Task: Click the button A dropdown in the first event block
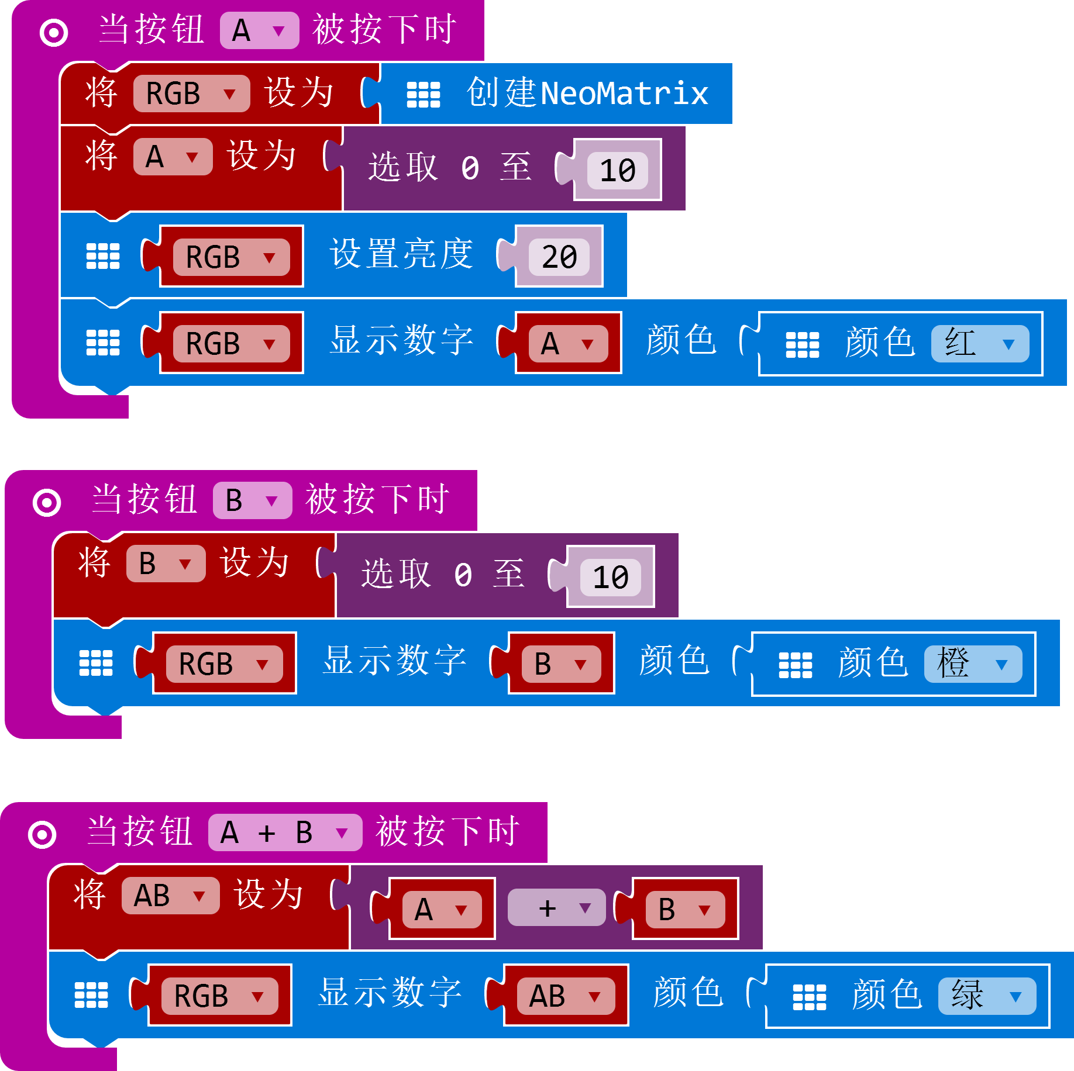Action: pyautogui.click(x=259, y=30)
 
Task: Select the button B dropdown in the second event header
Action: pyautogui.click(x=252, y=500)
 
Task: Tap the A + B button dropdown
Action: pyautogui.click(x=285, y=832)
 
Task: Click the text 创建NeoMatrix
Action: pyautogui.click(x=587, y=94)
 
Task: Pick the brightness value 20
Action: pyautogui.click(x=559, y=257)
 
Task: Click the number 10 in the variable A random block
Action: pyautogui.click(x=617, y=171)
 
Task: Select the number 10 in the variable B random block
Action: pyautogui.click(x=610, y=578)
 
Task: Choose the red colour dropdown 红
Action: pyautogui.click(x=980, y=344)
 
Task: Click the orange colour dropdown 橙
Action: pyautogui.click(x=973, y=664)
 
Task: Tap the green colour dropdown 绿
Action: pyautogui.click(x=987, y=996)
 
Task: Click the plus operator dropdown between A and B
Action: pyautogui.click(x=556, y=908)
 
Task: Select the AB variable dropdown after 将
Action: pyautogui.click(x=170, y=896)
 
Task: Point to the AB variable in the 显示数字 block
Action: pyautogui.click(x=565, y=996)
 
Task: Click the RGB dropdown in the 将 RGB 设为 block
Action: pyautogui.click(x=191, y=94)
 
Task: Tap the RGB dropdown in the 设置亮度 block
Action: pyautogui.click(x=231, y=257)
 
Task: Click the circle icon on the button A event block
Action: pyautogui.click(x=54, y=33)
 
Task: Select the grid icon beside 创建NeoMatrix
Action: pyautogui.click(x=424, y=95)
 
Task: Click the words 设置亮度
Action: pyautogui.click(x=401, y=255)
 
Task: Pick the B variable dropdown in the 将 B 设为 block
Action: pyautogui.click(x=166, y=564)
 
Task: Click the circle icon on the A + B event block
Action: pyautogui.click(x=42, y=835)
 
